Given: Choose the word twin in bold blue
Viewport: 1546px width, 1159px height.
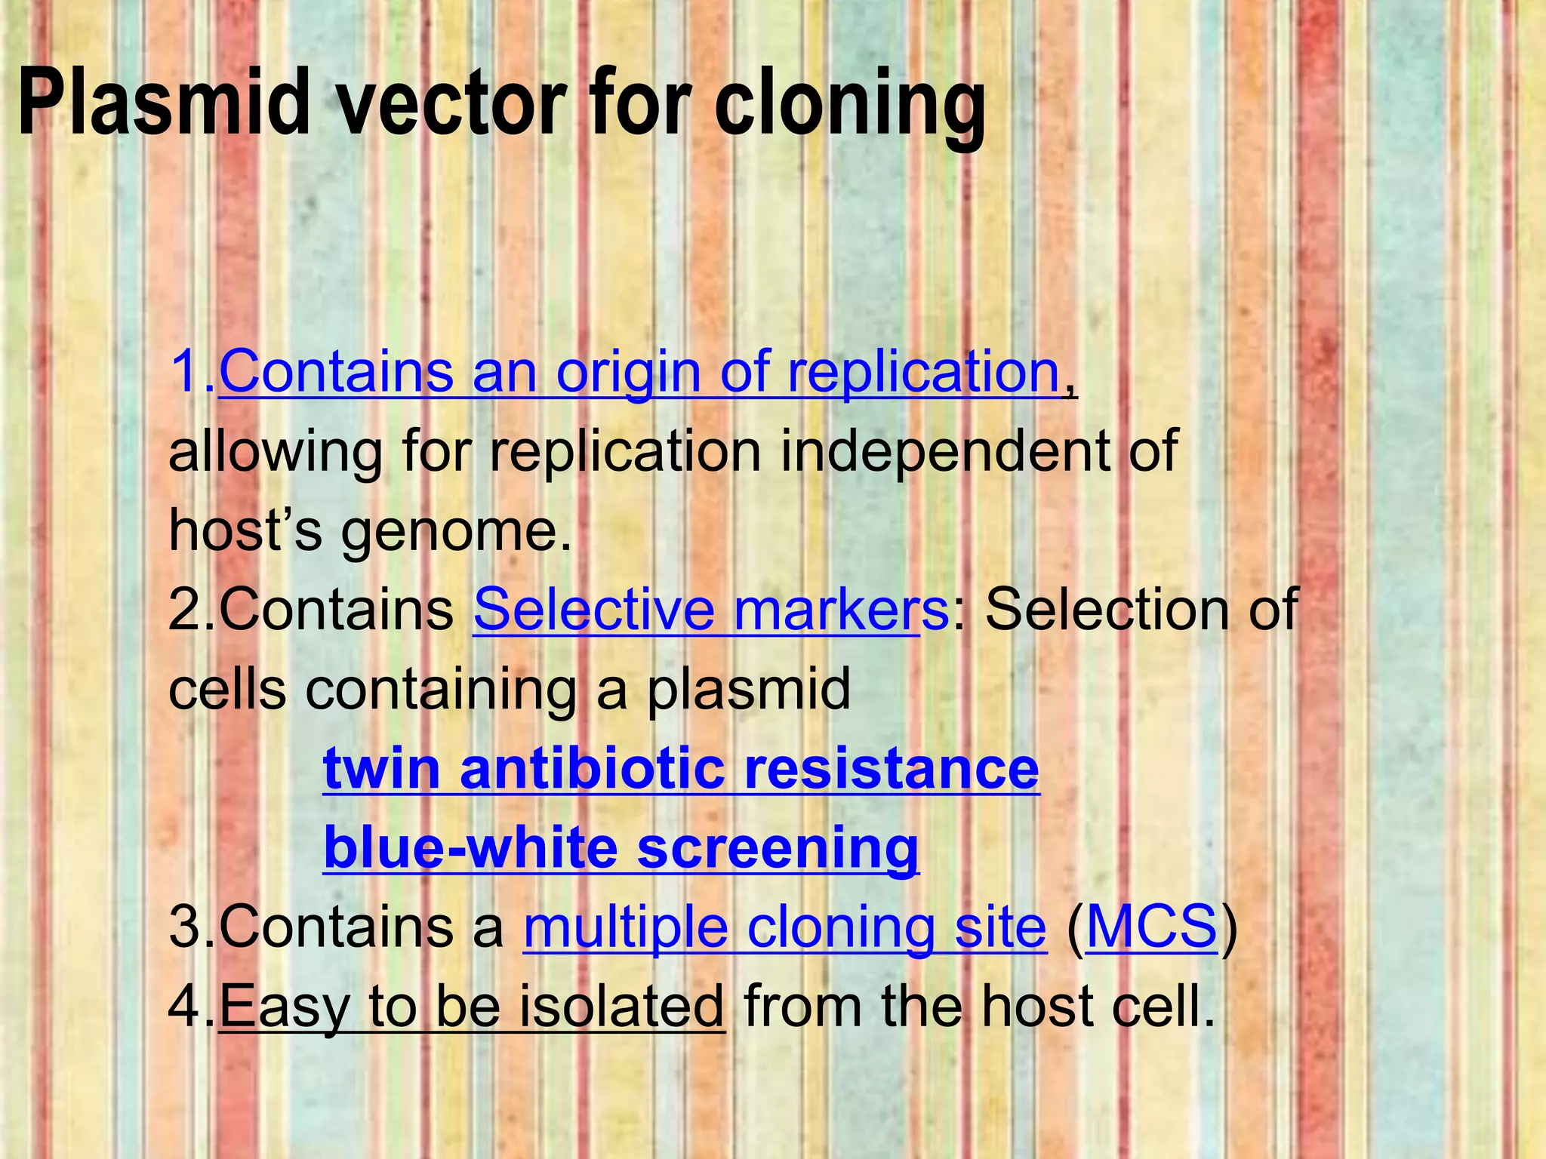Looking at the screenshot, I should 382,769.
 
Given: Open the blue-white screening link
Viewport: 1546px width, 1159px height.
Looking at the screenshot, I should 621,848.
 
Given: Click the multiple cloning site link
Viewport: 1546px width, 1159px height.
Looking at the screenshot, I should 784,927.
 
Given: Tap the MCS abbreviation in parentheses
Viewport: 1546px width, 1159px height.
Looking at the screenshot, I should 1151,927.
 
